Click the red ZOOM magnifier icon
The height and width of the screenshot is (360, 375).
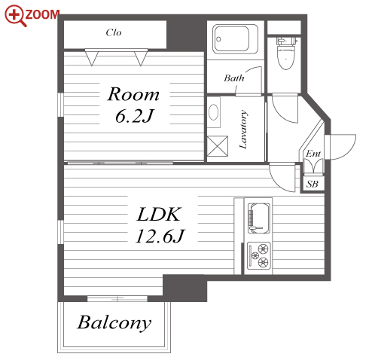coord(15,16)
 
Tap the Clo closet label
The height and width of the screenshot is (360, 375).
coord(114,32)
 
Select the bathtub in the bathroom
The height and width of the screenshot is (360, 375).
coord(236,39)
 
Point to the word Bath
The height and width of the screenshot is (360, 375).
coord(234,78)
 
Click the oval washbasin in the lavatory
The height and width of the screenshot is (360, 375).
coord(214,112)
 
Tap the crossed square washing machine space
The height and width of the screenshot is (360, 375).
coord(218,146)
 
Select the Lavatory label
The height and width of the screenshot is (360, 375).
coord(243,130)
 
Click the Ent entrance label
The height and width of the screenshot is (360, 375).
coord(313,153)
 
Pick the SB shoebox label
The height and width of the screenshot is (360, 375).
coord(312,184)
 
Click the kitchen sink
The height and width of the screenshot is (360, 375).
coord(259,218)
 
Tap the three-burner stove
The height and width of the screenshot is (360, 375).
coord(259,255)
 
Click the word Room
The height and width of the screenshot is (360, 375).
coord(133,94)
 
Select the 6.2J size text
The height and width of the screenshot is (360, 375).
coord(134,116)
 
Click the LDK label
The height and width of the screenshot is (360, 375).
coord(158,214)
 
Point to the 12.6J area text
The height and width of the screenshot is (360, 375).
coord(160,236)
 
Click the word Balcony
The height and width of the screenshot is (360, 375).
coord(114,322)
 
